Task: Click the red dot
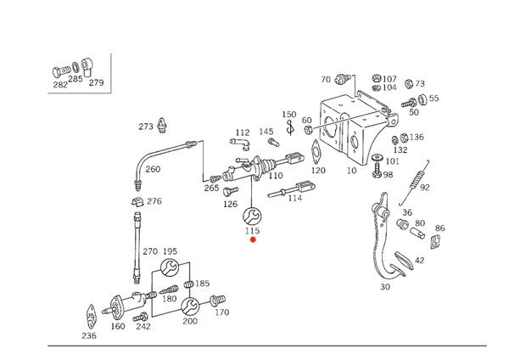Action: click(x=252, y=239)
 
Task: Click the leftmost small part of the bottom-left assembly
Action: click(x=92, y=320)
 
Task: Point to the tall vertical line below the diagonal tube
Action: click(x=137, y=233)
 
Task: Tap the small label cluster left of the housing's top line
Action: click(x=338, y=80)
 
